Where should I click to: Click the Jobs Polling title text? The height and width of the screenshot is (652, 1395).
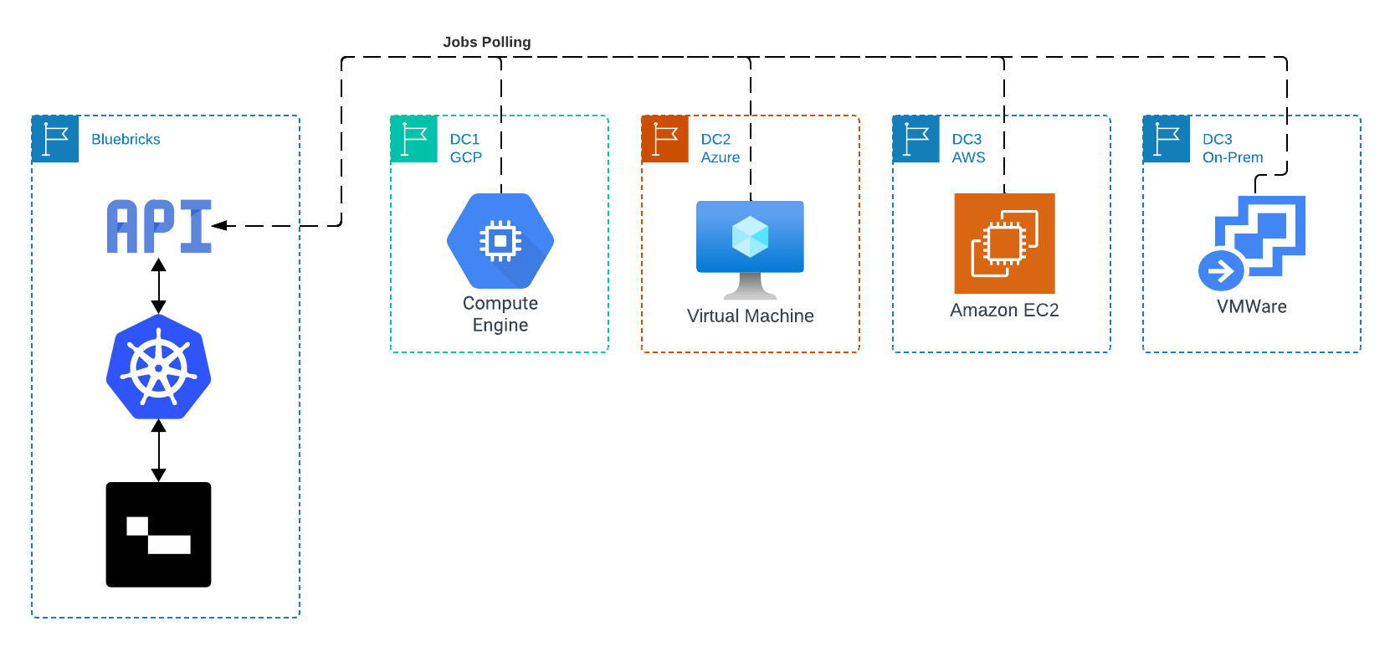pyautogui.click(x=486, y=42)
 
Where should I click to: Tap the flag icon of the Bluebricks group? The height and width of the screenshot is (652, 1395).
pyautogui.click(x=55, y=141)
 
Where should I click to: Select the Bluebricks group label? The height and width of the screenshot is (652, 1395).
pyautogui.click(x=126, y=140)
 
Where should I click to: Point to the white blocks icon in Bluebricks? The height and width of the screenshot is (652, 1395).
pyautogui.click(x=159, y=536)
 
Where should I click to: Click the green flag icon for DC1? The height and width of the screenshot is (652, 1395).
pyautogui.click(x=413, y=141)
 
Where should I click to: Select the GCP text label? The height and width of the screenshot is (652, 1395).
pyautogui.click(x=465, y=157)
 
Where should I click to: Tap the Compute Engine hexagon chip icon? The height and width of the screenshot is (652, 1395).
pyautogui.click(x=500, y=241)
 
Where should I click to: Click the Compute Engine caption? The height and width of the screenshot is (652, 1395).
pyautogui.click(x=500, y=314)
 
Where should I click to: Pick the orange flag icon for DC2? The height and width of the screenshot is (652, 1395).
pyautogui.click(x=664, y=141)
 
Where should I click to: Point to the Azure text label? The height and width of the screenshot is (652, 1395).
pyautogui.click(x=720, y=157)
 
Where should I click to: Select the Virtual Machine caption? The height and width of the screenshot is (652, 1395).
pyautogui.click(x=750, y=316)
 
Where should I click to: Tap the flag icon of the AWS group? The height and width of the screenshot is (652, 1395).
pyautogui.click(x=915, y=141)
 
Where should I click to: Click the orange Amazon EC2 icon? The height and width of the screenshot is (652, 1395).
pyautogui.click(x=1004, y=244)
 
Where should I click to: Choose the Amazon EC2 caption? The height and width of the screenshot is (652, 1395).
pyautogui.click(x=1004, y=310)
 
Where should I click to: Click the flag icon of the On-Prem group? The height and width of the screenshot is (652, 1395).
pyautogui.click(x=1167, y=141)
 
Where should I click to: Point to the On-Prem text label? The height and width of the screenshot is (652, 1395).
pyautogui.click(x=1233, y=157)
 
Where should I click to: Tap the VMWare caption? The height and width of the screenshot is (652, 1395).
pyautogui.click(x=1252, y=306)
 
